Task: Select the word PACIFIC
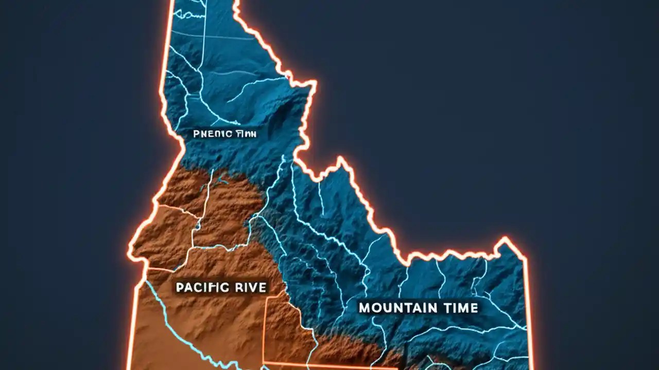coord(202,287)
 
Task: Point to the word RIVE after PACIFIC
coord(251,287)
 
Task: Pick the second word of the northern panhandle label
coord(246,134)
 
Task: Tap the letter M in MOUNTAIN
coord(365,308)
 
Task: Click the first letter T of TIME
coord(443,308)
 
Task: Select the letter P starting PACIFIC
coord(180,287)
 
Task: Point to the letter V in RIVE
coord(253,287)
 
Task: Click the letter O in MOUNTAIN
coord(376,308)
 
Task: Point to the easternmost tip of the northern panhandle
coord(315,82)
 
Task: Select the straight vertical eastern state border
coord(528,308)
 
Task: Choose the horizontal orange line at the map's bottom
coord(329,366)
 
